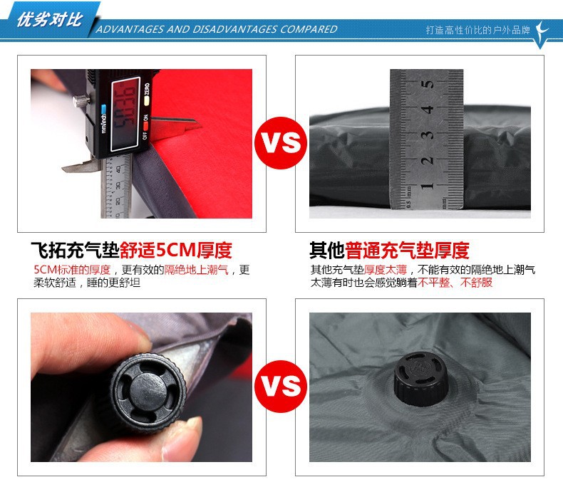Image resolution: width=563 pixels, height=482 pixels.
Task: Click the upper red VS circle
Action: pos(281,142)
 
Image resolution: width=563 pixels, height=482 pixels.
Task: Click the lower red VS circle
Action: pos(281,387)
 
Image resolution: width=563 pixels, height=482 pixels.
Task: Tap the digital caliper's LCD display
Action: pos(125,114)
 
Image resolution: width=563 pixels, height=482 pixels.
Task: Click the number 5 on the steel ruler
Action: pos(428,84)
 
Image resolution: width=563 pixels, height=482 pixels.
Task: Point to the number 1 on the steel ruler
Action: pos(427,186)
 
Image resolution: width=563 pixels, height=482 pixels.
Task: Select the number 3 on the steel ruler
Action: pos(428,135)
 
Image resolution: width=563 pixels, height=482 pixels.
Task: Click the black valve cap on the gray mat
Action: pos(420,379)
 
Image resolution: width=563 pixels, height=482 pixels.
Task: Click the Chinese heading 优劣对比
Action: pos(50,19)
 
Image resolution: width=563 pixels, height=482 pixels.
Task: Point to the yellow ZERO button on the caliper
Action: pos(146,94)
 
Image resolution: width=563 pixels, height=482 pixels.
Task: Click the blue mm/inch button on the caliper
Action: pos(104,109)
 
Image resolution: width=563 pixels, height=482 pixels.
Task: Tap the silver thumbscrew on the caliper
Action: pos(81,100)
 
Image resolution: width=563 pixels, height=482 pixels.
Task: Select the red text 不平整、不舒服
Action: pos(455,283)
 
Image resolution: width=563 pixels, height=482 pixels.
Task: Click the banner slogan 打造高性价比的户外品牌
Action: pos(478,30)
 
